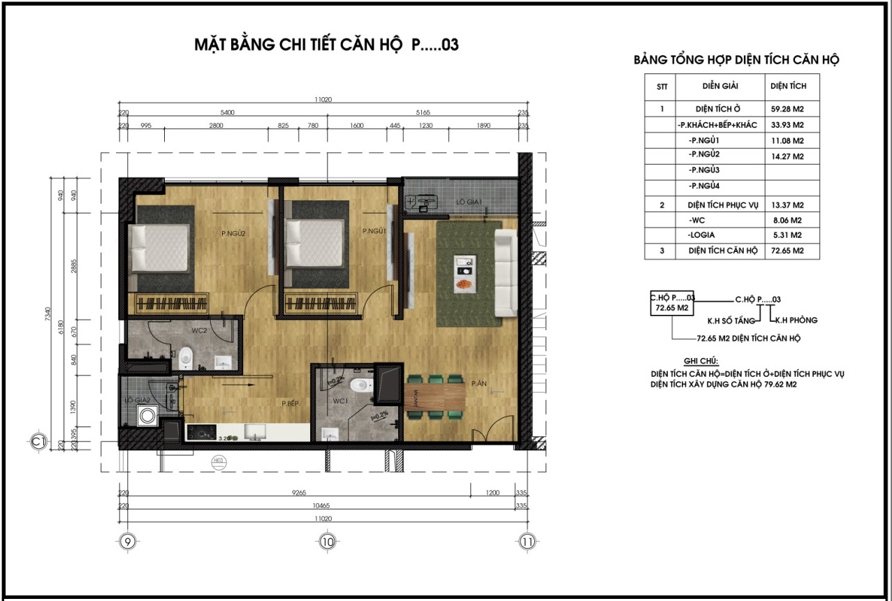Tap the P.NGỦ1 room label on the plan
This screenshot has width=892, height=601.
(x=374, y=230)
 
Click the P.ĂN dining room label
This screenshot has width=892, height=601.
(x=478, y=383)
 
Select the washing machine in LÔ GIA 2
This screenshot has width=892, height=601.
(x=148, y=417)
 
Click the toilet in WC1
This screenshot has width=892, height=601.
(x=358, y=385)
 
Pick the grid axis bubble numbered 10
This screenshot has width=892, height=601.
(x=327, y=541)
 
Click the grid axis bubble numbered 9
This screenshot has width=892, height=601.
(x=126, y=541)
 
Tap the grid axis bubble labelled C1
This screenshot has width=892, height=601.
(x=38, y=441)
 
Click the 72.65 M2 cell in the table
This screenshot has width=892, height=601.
(x=791, y=251)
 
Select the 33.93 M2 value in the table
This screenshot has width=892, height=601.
(x=791, y=125)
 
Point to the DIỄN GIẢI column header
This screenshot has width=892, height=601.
(x=720, y=86)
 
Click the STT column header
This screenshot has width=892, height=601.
(x=661, y=87)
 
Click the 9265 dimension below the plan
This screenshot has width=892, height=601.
(x=302, y=493)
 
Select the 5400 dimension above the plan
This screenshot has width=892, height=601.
(x=227, y=112)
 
